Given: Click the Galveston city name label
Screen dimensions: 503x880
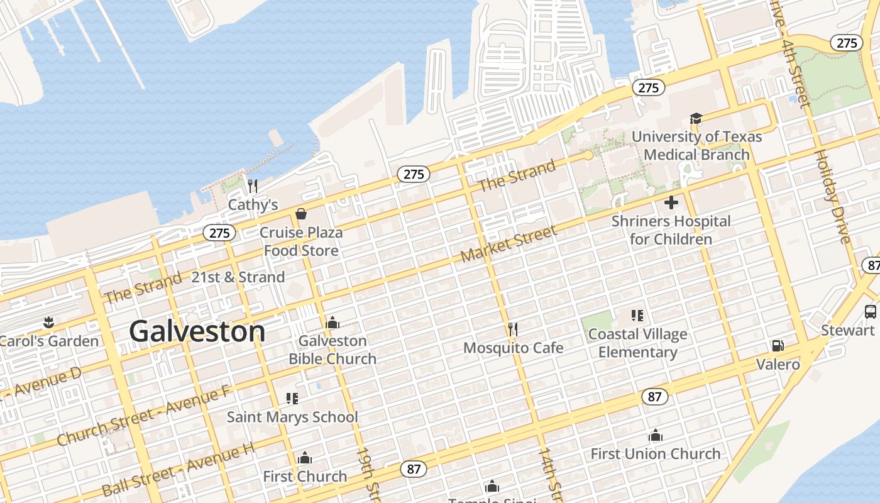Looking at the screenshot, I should click(x=197, y=331).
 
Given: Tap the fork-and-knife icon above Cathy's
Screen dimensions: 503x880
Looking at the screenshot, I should click(x=253, y=185).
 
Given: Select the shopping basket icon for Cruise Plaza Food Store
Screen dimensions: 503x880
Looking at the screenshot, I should click(x=301, y=214).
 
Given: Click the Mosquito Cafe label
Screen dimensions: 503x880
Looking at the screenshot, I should click(x=513, y=348).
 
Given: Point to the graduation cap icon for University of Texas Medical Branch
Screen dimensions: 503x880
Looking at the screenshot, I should click(x=696, y=118).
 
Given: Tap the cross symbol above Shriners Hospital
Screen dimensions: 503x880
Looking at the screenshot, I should click(x=671, y=202).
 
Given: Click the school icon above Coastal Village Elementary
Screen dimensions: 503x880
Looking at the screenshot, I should click(x=637, y=315).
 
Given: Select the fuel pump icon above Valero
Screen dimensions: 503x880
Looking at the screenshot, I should click(x=778, y=346).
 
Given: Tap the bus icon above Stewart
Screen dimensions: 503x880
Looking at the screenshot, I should click(x=871, y=311).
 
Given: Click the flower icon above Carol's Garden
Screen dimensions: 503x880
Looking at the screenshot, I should click(x=48, y=323).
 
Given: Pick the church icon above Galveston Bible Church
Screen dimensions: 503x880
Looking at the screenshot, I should click(x=333, y=323).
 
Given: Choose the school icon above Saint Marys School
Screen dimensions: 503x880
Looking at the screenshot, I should click(x=292, y=398).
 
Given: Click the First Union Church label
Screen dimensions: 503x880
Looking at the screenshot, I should click(x=655, y=453).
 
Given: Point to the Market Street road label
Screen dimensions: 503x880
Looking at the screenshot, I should click(x=509, y=245).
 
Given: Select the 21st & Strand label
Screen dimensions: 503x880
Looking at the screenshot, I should click(x=238, y=277).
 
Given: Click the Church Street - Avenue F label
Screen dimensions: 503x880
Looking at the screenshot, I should click(x=143, y=416).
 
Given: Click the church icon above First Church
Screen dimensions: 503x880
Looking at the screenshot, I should click(x=305, y=457).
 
